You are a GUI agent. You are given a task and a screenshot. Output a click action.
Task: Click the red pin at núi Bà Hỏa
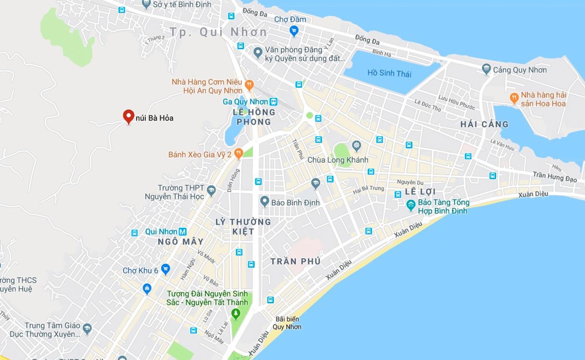128,116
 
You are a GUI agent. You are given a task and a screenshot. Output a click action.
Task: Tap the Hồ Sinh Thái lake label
389,74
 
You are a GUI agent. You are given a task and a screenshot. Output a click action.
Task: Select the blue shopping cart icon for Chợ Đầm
294,31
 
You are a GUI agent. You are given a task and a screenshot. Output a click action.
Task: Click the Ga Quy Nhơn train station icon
273,102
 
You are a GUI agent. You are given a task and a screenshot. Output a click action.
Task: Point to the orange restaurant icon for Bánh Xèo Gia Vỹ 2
239,153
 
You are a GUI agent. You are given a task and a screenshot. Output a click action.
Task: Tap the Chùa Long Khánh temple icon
356,146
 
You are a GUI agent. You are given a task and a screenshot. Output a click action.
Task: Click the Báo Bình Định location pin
264,202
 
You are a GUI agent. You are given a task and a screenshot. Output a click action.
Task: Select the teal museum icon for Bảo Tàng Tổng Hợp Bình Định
411,205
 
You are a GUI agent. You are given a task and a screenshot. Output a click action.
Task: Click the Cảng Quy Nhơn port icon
486,69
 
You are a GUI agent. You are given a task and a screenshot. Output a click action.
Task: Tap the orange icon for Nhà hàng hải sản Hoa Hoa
514,98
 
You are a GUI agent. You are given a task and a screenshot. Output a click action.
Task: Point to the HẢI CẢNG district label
484,124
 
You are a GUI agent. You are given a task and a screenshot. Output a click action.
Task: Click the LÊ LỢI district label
420,191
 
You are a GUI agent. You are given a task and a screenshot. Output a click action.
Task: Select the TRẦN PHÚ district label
295,261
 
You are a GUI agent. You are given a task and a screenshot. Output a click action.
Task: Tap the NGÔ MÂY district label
181,242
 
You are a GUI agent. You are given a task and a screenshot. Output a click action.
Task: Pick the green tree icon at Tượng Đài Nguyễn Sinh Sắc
236,314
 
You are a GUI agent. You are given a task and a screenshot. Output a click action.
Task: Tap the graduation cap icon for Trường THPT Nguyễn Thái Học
211,191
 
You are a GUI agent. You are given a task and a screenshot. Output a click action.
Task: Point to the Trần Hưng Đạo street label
554,176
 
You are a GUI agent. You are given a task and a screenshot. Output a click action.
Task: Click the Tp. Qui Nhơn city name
218,32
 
